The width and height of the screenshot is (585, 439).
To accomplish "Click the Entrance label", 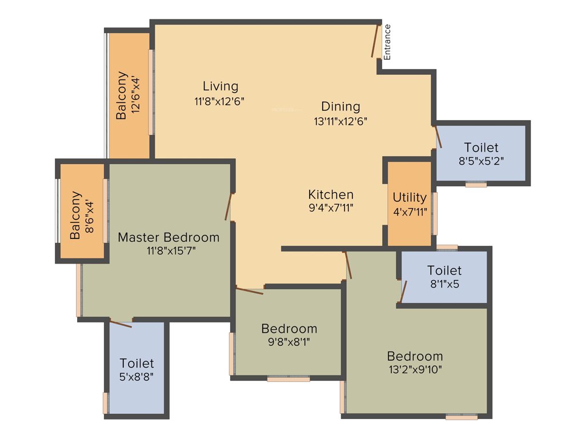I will pyautogui.click(x=387, y=42).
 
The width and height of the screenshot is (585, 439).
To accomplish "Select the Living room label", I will pyautogui.click(x=220, y=86).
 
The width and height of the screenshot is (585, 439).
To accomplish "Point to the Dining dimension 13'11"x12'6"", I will pyautogui.click(x=340, y=121).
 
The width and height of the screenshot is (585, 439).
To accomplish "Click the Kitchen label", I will pyautogui.click(x=331, y=194).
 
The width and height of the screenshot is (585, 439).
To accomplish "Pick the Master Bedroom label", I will pyautogui.click(x=169, y=237).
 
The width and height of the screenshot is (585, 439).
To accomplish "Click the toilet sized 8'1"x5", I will pyautogui.click(x=444, y=277).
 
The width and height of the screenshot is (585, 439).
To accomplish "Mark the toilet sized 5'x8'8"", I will pyautogui.click(x=137, y=369).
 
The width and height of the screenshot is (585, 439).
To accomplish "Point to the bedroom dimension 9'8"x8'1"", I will pyautogui.click(x=289, y=342).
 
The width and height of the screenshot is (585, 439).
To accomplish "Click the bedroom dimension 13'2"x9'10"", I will pyautogui.click(x=415, y=369).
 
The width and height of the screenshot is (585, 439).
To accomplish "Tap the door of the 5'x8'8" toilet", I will pyautogui.click(x=121, y=324).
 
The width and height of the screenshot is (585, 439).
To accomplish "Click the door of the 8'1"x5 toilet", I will pyautogui.click(x=403, y=291).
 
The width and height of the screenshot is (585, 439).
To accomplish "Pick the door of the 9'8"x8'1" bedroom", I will pyautogui.click(x=250, y=291).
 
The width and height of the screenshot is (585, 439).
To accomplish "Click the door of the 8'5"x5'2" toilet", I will pyautogui.click(x=438, y=137).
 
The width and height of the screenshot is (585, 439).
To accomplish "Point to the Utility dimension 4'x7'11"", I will pyautogui.click(x=410, y=211).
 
